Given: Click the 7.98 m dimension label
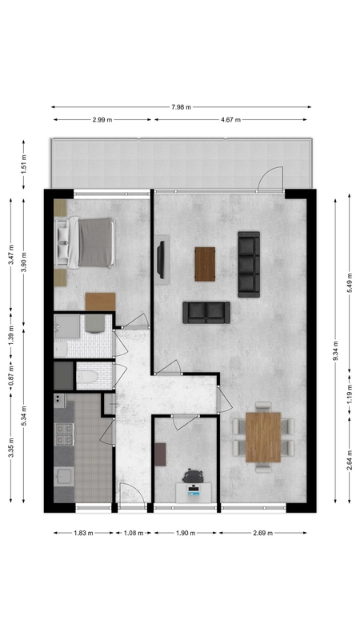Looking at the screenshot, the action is (x=182, y=107).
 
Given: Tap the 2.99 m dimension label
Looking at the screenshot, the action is (x=102, y=119).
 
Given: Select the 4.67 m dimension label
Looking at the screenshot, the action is (x=230, y=119).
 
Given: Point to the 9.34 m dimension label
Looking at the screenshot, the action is (x=335, y=351).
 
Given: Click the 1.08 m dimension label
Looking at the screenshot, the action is (x=134, y=533).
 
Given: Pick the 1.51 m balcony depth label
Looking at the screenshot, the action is (x=24, y=164).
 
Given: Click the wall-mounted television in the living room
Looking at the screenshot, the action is (x=162, y=259).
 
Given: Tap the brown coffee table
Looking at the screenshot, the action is (x=205, y=264).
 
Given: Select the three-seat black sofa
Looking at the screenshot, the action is (x=249, y=264).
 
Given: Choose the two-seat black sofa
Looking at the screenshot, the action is (x=206, y=313).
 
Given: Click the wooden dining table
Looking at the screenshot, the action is (x=263, y=437).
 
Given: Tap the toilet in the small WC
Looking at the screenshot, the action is (x=87, y=376).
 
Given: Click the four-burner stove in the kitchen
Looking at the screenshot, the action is (x=64, y=434).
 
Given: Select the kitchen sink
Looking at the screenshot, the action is (x=64, y=477).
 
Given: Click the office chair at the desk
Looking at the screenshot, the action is (x=193, y=475).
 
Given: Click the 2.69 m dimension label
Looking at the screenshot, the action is (x=263, y=533).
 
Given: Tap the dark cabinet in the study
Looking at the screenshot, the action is (x=161, y=454).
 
